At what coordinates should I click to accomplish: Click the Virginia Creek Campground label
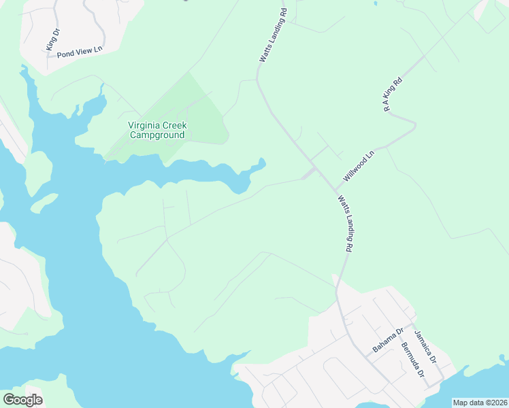click(x=157, y=130)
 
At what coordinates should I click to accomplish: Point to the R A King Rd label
click(x=393, y=95)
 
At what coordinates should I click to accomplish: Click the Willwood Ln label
click(x=359, y=166)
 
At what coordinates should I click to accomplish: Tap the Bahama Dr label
click(x=388, y=340)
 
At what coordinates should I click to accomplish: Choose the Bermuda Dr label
click(x=412, y=360)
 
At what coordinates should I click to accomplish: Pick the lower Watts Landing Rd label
click(x=345, y=224)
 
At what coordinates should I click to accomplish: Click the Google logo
click(x=22, y=400)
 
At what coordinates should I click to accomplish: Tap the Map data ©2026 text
click(x=480, y=403)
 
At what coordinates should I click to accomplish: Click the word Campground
click(x=158, y=135)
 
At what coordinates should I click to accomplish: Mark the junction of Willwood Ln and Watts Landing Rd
click(x=335, y=189)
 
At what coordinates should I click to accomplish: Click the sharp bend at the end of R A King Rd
click(x=413, y=124)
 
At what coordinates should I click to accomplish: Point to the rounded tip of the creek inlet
click(x=261, y=163)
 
